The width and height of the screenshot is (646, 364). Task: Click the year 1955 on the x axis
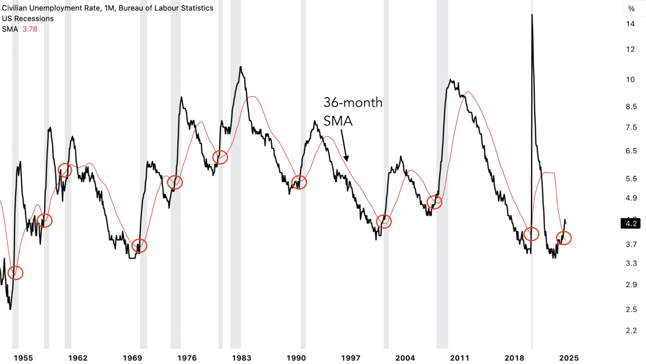(23, 358)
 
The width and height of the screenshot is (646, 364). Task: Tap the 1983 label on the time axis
(242, 358)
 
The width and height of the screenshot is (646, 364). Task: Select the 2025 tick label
(569, 358)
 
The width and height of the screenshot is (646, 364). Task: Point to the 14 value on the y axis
(630, 24)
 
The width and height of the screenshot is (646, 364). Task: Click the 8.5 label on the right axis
(631, 107)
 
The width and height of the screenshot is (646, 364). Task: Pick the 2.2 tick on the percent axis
(631, 331)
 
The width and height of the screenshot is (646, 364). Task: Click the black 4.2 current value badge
(631, 223)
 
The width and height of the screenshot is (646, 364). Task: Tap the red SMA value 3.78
(30, 29)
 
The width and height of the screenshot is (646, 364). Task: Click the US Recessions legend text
(28, 19)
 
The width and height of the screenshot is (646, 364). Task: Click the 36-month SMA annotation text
(352, 112)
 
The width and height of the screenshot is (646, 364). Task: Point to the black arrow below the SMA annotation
(345, 145)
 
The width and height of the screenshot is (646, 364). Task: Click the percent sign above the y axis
(632, 9)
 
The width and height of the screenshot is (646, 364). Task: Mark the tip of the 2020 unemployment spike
(532, 15)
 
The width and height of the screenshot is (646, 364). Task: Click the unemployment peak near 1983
(241, 67)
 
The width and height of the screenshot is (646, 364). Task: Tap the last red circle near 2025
(564, 238)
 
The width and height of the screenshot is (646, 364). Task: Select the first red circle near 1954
(16, 273)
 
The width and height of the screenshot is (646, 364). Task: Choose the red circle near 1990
(299, 182)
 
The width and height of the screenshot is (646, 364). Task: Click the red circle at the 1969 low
(139, 246)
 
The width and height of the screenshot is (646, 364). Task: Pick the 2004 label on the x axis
(405, 358)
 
